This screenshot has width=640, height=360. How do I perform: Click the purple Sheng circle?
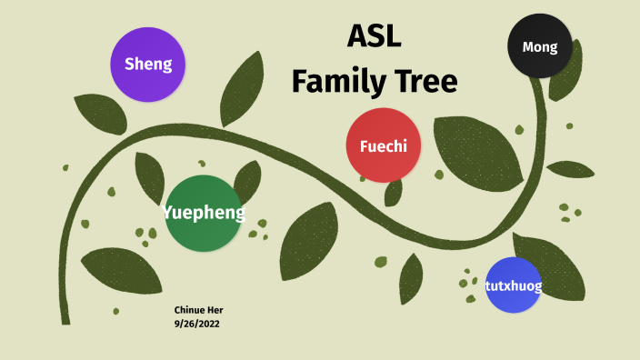pyautogui.click(x=147, y=64)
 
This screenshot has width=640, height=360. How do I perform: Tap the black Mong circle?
pyautogui.click(x=540, y=46)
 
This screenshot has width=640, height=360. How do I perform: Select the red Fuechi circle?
pyautogui.click(x=384, y=145)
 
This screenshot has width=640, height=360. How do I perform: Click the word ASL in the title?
pyautogui.click(x=374, y=36)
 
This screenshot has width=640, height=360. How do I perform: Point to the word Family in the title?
pyautogui.click(x=334, y=81)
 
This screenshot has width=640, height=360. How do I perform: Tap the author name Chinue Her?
pyautogui.click(x=198, y=310)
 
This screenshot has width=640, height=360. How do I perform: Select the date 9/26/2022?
pyautogui.click(x=198, y=324)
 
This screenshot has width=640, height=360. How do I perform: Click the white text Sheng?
pyautogui.click(x=148, y=64)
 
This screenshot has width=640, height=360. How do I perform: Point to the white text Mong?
pyautogui.click(x=540, y=47)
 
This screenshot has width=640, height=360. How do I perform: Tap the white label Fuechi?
pyautogui.click(x=384, y=146)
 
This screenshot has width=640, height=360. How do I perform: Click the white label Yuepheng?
pyautogui.click(x=204, y=214)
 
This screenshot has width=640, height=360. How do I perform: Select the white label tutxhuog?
pyautogui.click(x=514, y=287)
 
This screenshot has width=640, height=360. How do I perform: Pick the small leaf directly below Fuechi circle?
pyautogui.click(x=394, y=191)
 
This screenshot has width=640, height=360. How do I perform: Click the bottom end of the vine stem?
pyautogui.click(x=65, y=318)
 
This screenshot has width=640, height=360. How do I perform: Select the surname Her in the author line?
pyautogui.click(x=215, y=310)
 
